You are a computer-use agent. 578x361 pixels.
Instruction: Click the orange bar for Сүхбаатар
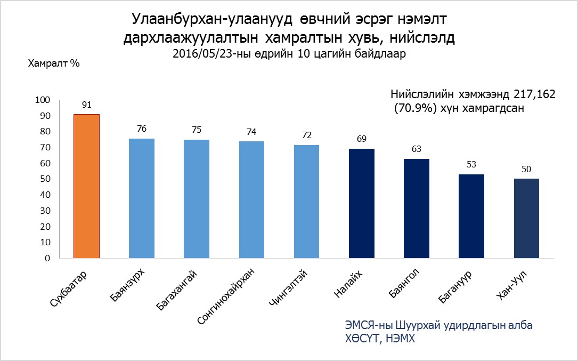click(86, 186)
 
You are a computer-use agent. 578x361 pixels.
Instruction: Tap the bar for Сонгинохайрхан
click(251, 199)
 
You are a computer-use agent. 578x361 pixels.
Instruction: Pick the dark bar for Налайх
click(362, 203)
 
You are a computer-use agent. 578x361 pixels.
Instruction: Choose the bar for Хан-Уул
click(526, 218)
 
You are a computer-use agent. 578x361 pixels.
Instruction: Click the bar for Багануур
click(471, 216)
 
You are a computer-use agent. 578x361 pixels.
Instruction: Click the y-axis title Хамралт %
click(53, 63)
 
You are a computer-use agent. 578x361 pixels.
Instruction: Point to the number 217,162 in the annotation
click(535, 94)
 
